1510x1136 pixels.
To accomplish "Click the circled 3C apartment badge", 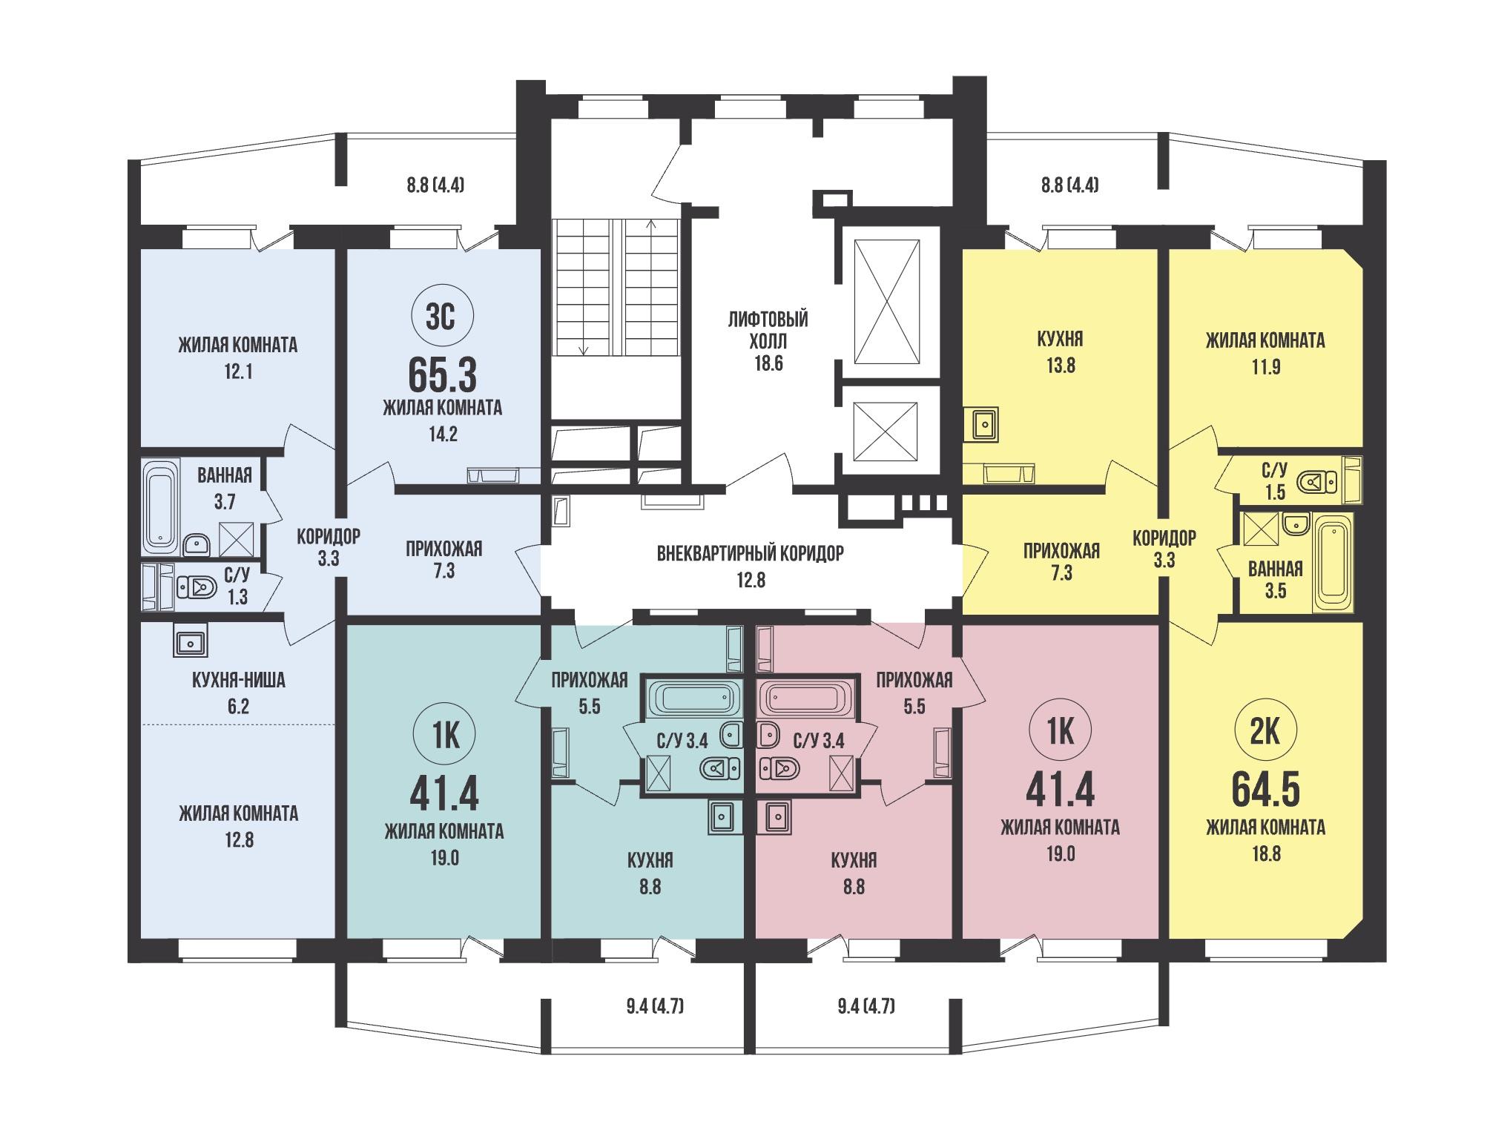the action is (443, 317).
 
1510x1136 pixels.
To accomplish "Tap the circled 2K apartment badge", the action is (1266, 732).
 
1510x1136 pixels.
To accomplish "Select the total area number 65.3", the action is (443, 376).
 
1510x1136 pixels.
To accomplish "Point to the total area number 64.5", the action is (1266, 790).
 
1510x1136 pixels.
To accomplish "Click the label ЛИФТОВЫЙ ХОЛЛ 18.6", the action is (768, 342).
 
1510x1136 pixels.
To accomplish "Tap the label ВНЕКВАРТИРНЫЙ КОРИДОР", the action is (751, 553).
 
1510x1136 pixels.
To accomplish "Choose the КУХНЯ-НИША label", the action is (238, 680).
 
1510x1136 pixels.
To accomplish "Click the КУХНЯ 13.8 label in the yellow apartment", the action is (1061, 352).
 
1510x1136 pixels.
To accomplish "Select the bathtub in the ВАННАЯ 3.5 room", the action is (1333, 563).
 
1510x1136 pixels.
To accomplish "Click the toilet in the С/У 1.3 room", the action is (196, 588).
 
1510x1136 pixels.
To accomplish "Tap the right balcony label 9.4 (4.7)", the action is (866, 1006).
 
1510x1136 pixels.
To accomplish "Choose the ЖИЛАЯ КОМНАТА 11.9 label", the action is (1265, 354).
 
